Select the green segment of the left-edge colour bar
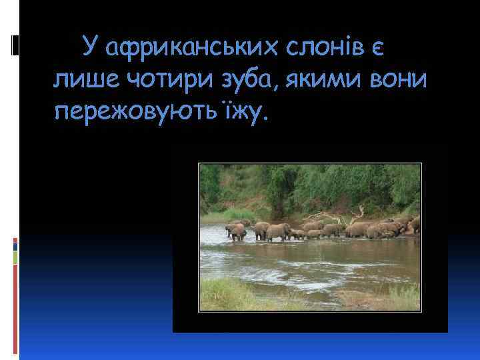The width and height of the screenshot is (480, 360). [x=15, y=257]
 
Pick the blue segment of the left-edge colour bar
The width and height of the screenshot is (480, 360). [x=15, y=245]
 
